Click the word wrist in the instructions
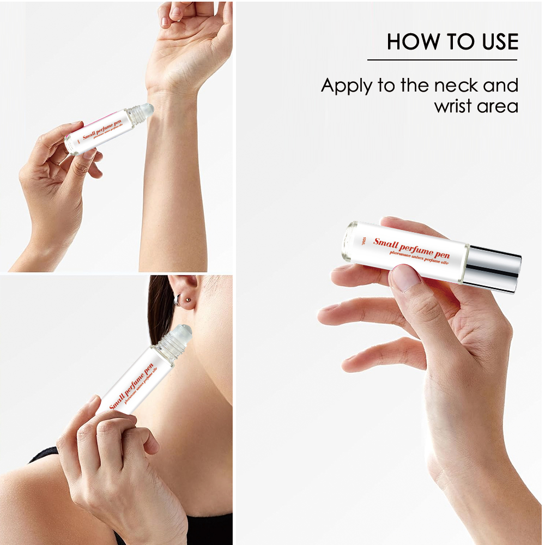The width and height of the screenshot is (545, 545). coord(453,106)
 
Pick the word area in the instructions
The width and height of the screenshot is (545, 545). coord(497,106)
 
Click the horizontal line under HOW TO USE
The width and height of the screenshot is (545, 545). coord(442,59)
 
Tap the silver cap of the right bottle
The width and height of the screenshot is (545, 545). coord(494,268)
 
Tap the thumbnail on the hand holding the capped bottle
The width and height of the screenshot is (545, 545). coord(405,277)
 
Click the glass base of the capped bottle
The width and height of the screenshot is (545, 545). coord(349,240)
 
